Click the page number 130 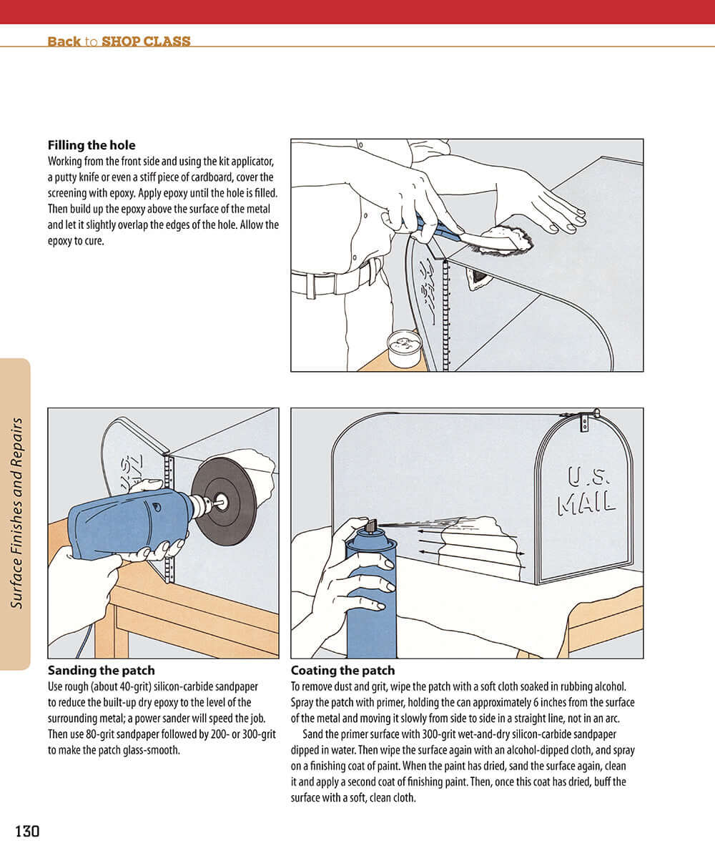point(27,831)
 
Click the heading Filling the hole point(91,146)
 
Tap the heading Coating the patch point(342,671)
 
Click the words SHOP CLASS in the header point(146,41)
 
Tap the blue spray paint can point(371,601)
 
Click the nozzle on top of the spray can point(370,526)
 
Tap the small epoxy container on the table point(404,348)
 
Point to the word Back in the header point(64,41)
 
